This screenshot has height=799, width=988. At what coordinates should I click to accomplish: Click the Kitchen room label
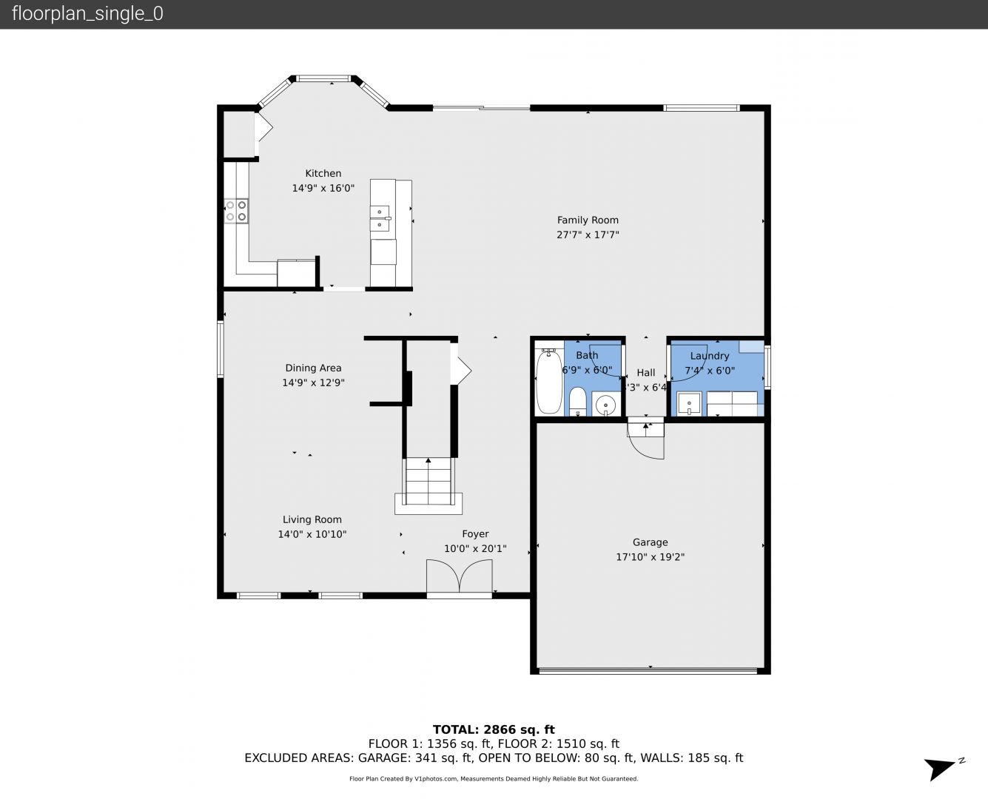click(323, 173)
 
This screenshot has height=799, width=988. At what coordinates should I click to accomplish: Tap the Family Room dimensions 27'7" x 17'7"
click(588, 235)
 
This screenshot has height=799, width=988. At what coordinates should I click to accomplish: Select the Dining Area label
click(313, 368)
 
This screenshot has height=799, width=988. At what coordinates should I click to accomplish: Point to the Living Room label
click(312, 519)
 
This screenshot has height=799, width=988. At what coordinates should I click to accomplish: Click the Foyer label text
click(475, 533)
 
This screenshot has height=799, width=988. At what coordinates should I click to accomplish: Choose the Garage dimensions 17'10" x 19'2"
click(650, 557)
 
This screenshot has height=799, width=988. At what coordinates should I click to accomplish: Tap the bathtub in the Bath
click(548, 382)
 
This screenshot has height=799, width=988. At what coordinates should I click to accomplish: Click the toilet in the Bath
click(578, 402)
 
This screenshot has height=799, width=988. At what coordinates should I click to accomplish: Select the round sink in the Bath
click(606, 405)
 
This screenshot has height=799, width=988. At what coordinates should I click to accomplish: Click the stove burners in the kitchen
click(237, 211)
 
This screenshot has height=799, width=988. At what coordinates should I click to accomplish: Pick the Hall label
click(646, 373)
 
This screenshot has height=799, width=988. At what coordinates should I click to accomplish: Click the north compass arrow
click(941, 768)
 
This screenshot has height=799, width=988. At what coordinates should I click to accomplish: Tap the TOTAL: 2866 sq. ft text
click(494, 729)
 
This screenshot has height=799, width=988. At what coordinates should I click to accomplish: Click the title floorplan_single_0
click(87, 14)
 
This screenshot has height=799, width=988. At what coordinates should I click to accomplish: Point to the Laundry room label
click(710, 356)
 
